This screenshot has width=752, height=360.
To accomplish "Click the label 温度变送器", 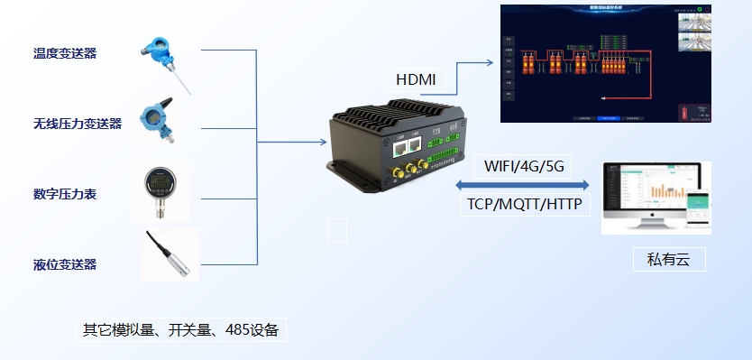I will pos(65,53).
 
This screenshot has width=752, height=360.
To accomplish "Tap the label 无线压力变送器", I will pos(78,124).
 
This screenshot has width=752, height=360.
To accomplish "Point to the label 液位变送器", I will pos(65,264).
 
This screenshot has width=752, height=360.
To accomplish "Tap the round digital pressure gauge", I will pos(161,188).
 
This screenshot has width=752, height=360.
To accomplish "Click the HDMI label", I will pos(415,79).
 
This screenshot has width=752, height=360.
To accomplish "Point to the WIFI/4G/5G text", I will pos(524,167).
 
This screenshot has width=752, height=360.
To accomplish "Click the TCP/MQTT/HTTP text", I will pos(524,205).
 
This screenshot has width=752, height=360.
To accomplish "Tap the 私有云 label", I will pos(667,261).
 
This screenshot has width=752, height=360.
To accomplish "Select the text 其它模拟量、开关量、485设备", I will pos(180,329).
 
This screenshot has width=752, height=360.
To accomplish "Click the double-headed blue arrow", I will pos(523,186).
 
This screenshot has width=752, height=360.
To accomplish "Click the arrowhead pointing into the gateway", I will pos(322,143).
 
